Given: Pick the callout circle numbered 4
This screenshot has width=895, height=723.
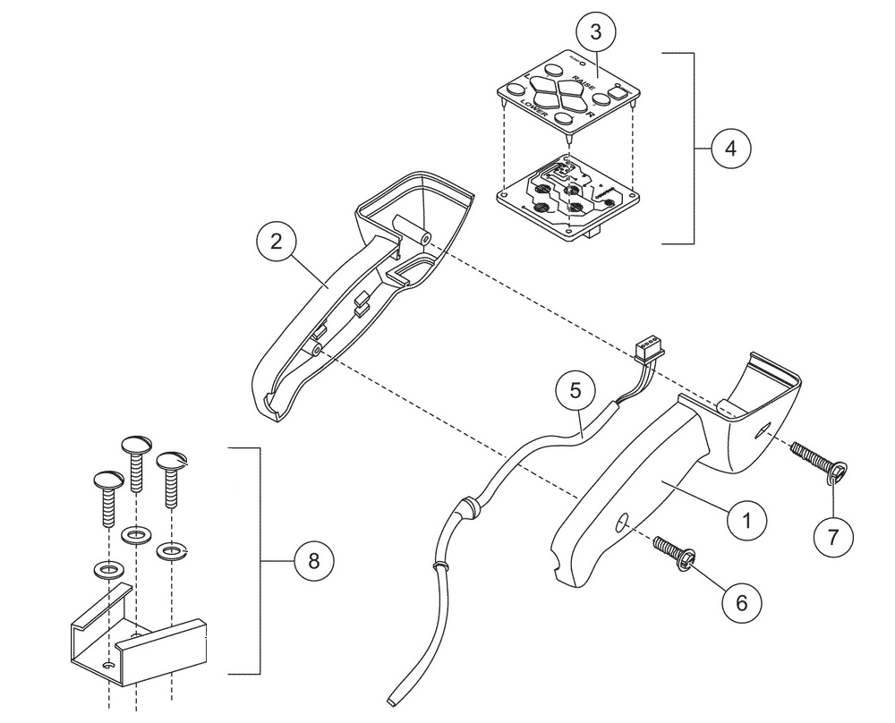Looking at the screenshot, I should pos(731,148).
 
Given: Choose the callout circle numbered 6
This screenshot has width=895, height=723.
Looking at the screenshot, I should pos(741,601).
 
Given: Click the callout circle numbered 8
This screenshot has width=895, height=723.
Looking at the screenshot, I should pos(312,561).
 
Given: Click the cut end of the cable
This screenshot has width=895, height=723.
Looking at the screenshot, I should pos(393,698).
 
